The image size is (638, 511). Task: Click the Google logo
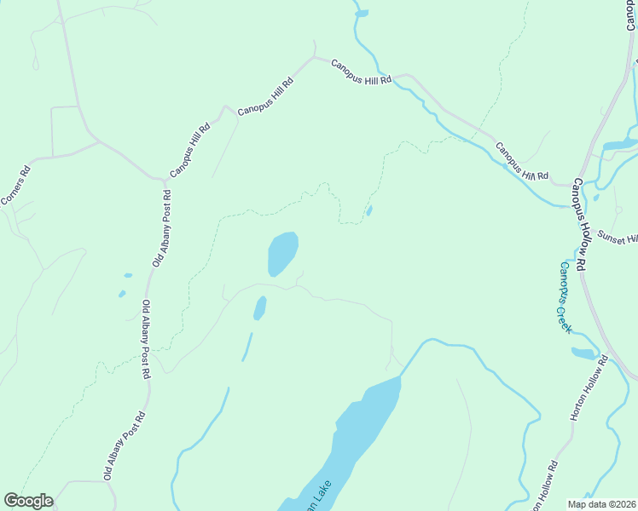[28, 501]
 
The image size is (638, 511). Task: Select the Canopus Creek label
[565, 296]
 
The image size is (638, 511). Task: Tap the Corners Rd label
[15, 186]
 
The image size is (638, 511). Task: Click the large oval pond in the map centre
[282, 254]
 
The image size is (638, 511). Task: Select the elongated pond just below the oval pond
[259, 307]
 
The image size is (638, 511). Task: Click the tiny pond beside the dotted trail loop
[368, 210]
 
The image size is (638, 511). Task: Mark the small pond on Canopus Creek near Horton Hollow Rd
[583, 353]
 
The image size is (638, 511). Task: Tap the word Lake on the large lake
[318, 492]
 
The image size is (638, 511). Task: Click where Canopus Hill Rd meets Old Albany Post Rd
[164, 181]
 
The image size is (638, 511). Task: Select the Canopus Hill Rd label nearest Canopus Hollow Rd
[521, 161]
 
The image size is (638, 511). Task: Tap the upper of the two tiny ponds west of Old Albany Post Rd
[128, 275]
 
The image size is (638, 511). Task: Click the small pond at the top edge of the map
[362, 13]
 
